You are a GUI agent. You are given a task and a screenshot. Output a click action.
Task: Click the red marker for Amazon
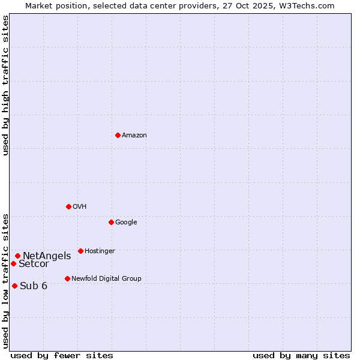coord(118,135)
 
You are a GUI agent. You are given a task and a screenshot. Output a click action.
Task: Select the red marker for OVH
coord(68,206)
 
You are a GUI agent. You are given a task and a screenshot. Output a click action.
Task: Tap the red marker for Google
coord(111,222)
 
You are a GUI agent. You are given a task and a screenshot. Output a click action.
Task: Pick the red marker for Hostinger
coord(80,251)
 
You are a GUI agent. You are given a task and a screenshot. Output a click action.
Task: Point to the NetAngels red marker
coord(17,256)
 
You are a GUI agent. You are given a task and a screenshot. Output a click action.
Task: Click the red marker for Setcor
coord(13,263)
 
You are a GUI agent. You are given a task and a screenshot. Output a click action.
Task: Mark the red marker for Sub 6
coord(14,286)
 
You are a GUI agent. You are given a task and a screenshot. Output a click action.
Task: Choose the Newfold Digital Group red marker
coord(67,278)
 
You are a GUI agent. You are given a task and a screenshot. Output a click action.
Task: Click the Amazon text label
coord(134,135)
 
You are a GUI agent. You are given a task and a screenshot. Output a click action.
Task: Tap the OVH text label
coord(80,206)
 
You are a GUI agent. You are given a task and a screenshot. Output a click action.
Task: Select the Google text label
coord(126,222)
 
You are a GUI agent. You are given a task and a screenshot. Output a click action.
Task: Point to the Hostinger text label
coord(100,251)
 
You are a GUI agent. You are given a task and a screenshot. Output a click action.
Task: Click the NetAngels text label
coord(47,256)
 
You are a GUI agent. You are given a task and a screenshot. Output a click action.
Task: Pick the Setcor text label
coord(34,264)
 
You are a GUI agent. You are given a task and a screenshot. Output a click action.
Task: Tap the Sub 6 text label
coord(34,286)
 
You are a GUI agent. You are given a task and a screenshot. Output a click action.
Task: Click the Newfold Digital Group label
coord(106,278)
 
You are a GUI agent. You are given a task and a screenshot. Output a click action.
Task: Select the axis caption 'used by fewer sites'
coord(62,355)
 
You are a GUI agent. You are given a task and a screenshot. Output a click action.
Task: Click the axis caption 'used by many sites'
coord(301,355)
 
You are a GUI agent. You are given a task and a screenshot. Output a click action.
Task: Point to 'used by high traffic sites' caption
coord(5,85)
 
